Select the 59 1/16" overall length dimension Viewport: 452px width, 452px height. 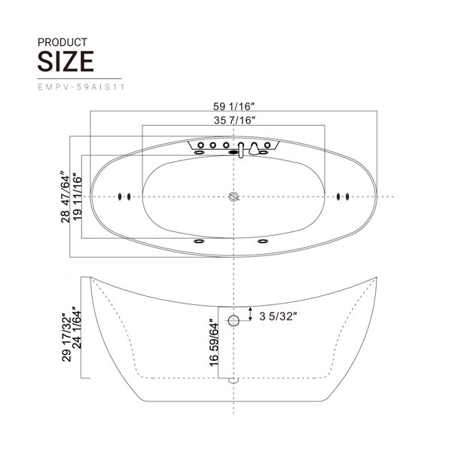(234, 106)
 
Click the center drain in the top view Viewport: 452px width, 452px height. (234, 198)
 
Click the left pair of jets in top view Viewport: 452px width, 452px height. (124, 198)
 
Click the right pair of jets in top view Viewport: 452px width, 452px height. (343, 198)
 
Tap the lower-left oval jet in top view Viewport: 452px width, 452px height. (200, 242)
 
